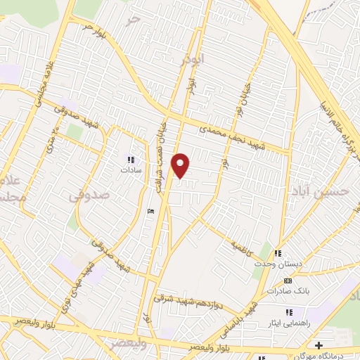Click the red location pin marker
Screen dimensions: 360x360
pos(181,165)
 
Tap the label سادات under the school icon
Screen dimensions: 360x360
pos(131,170)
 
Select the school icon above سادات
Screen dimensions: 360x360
pos(131,160)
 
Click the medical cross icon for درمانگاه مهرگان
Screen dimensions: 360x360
pos(319,345)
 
